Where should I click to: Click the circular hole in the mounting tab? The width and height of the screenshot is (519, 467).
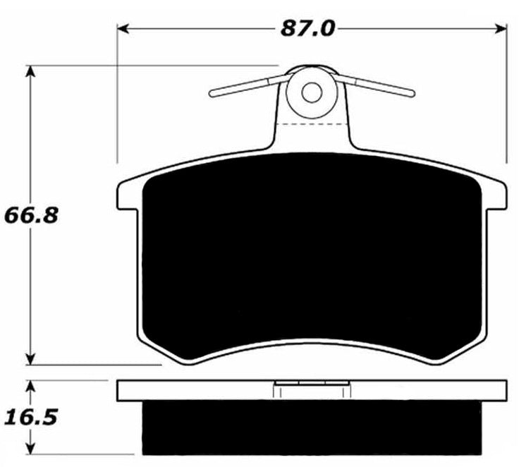click(x=312, y=92)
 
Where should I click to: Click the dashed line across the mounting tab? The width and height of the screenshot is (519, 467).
click(x=312, y=124)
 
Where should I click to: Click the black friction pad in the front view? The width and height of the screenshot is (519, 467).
click(x=312, y=261)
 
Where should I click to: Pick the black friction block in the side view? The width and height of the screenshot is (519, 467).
click(x=312, y=427)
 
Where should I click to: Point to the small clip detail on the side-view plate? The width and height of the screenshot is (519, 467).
click(x=312, y=387)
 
